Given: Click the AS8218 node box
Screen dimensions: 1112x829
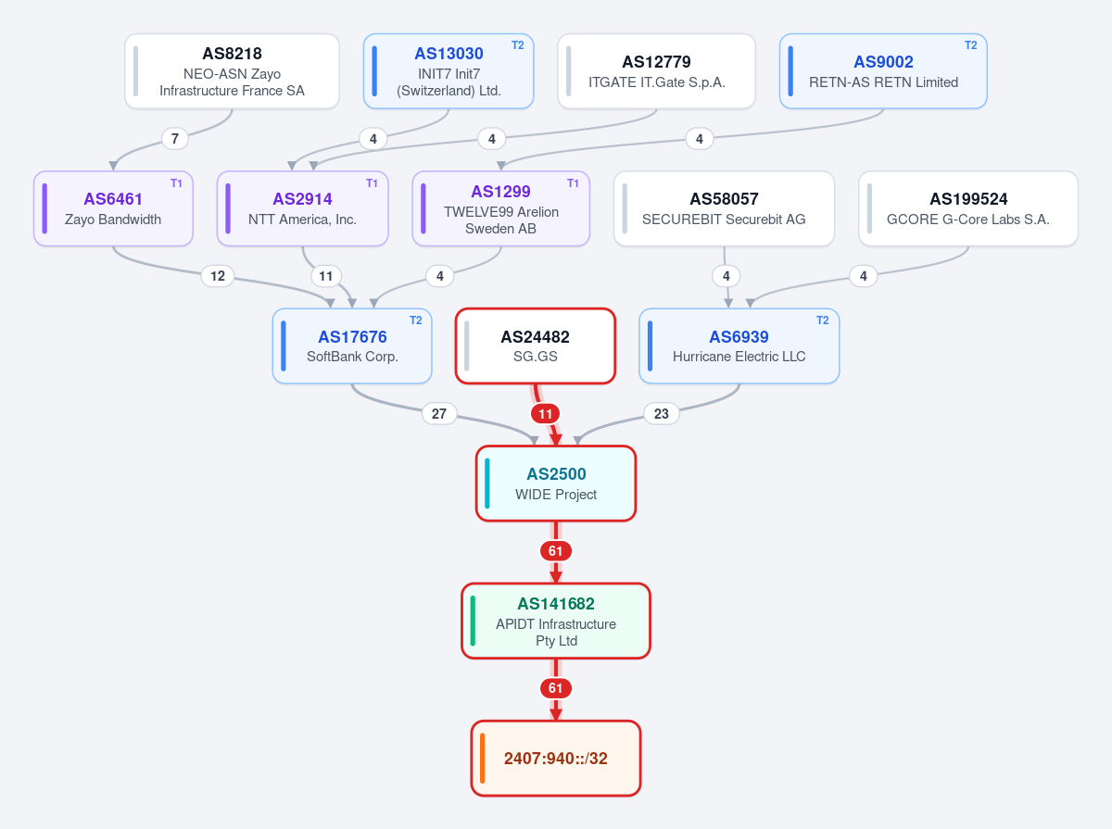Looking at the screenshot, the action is point(232,71).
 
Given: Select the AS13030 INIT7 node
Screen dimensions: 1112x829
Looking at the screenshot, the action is point(449,71).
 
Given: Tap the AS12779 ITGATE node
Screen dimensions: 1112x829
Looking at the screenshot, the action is point(657,71).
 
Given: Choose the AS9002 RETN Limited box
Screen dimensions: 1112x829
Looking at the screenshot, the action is point(883,71).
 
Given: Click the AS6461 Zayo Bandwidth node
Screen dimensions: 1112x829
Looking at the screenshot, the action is point(113,208).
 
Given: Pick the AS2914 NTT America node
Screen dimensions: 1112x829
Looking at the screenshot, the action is point(302,208).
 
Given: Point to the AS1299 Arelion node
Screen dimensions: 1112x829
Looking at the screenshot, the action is point(501,208).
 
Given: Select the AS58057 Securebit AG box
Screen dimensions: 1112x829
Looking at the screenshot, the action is point(724,208).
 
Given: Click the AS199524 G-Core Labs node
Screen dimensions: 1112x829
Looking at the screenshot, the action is point(968,208).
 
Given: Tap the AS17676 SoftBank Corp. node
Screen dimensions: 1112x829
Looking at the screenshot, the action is point(352,345).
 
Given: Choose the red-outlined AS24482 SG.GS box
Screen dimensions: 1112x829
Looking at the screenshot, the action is point(536,345).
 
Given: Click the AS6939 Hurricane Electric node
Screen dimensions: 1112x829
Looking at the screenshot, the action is point(739,345).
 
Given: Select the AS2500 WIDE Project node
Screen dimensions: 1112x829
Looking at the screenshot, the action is point(556,484).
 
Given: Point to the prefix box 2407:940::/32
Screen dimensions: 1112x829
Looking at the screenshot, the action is point(556,758).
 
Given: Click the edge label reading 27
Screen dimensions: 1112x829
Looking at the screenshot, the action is point(439,414).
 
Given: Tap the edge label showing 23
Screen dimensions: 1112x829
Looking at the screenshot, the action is point(661,414).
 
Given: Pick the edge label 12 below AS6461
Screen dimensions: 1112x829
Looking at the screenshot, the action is point(218,276).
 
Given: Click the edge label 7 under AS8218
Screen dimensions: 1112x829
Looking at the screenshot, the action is point(175,139).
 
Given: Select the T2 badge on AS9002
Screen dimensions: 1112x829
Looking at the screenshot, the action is point(970,45).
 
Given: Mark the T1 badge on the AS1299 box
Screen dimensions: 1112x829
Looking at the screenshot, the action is point(573,183).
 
